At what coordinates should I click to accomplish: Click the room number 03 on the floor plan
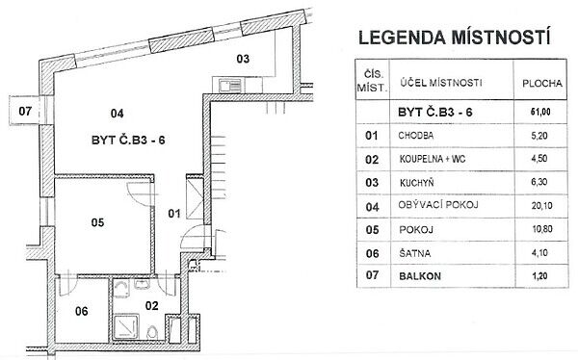pyautogui.click(x=243, y=59)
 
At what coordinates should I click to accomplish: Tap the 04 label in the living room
pyautogui.click(x=117, y=114)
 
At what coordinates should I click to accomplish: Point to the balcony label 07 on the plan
pyautogui.click(x=25, y=111)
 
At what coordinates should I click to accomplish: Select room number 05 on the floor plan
pyautogui.click(x=97, y=222)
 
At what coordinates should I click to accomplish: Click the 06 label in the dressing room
pyautogui.click(x=82, y=311)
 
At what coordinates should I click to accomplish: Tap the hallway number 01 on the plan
pyautogui.click(x=174, y=214)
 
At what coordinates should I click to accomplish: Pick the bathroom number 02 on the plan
pyautogui.click(x=151, y=305)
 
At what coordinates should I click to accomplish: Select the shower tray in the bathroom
pyautogui.click(x=125, y=327)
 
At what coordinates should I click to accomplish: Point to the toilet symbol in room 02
pyautogui.click(x=152, y=333)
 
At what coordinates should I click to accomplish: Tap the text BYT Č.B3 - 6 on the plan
pyautogui.click(x=128, y=141)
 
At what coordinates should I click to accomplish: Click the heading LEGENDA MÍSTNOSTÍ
pyautogui.click(x=455, y=38)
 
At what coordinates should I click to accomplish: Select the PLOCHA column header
pyautogui.click(x=542, y=84)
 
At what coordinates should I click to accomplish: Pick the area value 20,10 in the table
pyautogui.click(x=541, y=205)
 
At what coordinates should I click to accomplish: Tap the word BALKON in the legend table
pyautogui.click(x=420, y=276)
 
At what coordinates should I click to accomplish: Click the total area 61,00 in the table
pyautogui.click(x=540, y=112)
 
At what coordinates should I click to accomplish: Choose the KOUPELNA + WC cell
pyautogui.click(x=432, y=159)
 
